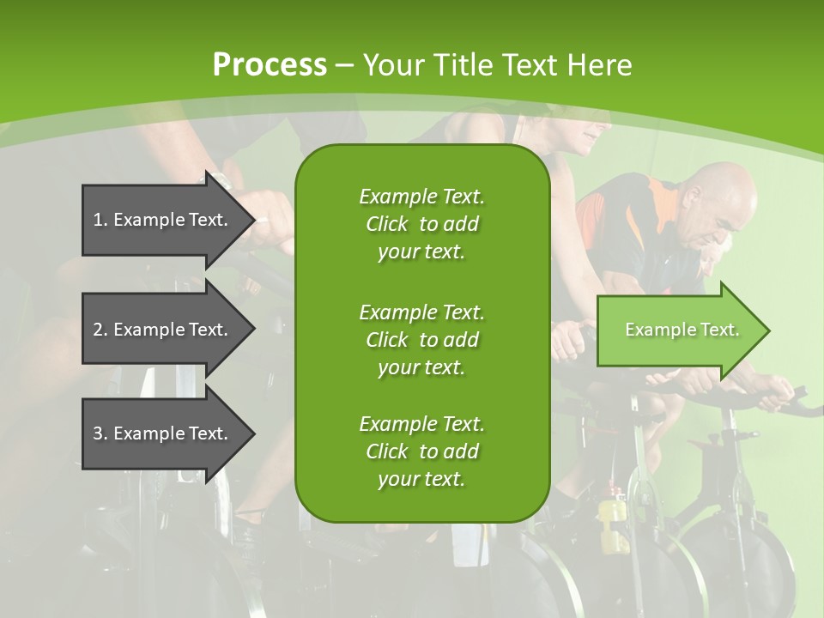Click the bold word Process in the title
pyautogui.click(x=270, y=64)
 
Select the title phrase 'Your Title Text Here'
pyautogui.click(x=497, y=64)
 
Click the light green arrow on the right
pyautogui.click(x=678, y=330)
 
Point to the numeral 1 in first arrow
pyautogui.click(x=98, y=220)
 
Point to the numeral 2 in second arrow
pyautogui.click(x=98, y=330)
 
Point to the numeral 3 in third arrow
pyautogui.click(x=98, y=433)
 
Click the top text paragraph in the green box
pyautogui.click(x=421, y=224)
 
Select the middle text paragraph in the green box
pyautogui.click(x=421, y=339)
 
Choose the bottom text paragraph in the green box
pyautogui.click(x=421, y=451)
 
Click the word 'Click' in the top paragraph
pyautogui.click(x=387, y=225)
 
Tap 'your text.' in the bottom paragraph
pyautogui.click(x=421, y=480)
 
